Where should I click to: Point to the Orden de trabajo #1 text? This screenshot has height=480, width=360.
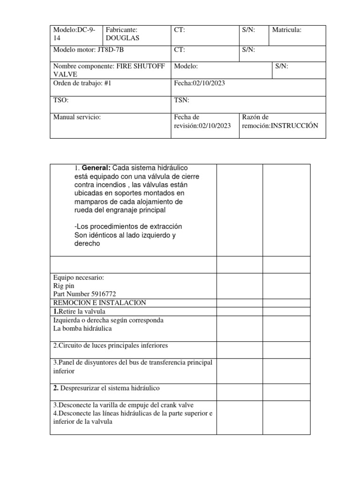82,83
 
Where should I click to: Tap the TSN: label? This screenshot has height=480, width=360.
181,100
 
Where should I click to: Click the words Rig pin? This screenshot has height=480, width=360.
64,285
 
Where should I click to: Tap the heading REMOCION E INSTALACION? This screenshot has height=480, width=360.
100,303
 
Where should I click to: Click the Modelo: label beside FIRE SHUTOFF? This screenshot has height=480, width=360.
186,67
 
